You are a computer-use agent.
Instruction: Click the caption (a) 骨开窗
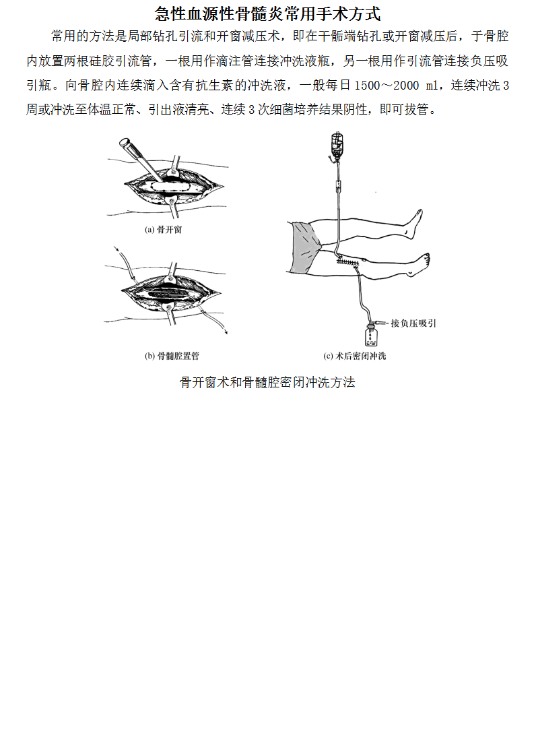click(x=164, y=230)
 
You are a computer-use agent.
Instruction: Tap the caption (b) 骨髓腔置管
click(x=172, y=356)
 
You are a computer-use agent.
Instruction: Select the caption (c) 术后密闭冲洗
click(x=355, y=356)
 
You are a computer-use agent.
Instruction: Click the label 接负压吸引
click(x=413, y=323)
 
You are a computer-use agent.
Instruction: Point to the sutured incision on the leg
click(x=349, y=262)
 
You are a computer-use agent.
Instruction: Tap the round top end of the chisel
click(x=125, y=142)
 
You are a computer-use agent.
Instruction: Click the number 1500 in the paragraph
click(x=367, y=86)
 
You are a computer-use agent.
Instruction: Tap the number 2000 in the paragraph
click(x=406, y=86)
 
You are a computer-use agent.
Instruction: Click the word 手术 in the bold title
click(x=332, y=13)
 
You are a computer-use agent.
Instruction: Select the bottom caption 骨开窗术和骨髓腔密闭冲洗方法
click(x=267, y=382)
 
